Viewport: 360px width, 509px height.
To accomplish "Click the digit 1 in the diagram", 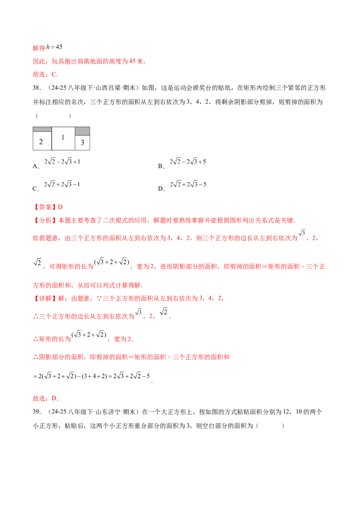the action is pyautogui.click(x=63, y=137).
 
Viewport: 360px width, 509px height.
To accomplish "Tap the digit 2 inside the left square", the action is pyautogui.click(x=41, y=142).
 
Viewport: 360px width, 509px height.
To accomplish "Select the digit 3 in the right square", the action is pyautogui.click(x=82, y=143).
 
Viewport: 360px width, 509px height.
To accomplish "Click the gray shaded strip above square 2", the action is pyautogui.click(x=42, y=129).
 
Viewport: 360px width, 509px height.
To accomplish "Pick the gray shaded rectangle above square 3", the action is pyautogui.click(x=82, y=131).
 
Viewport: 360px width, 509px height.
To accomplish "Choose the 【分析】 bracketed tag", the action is pyautogui.click(x=44, y=221).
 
